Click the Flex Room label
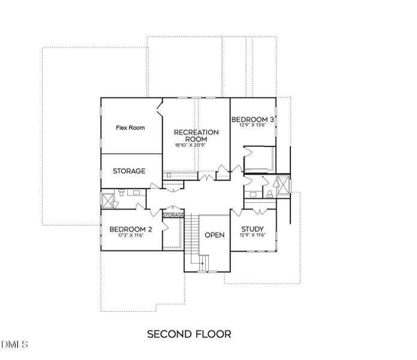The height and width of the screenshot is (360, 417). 130,128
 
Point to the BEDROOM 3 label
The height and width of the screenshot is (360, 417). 253,119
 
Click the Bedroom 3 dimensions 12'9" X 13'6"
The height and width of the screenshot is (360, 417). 253,126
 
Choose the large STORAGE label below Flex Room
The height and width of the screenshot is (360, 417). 129,171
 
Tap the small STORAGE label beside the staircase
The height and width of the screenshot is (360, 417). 173,215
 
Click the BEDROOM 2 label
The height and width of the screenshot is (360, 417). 130,229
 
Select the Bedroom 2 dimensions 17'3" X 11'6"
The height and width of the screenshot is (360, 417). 130,236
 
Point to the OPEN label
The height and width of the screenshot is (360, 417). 214,235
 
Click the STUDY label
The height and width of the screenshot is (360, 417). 253,229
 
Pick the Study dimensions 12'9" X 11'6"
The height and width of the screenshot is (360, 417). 253,236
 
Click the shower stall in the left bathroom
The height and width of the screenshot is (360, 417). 108,199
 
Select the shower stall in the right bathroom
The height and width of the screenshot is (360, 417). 281,184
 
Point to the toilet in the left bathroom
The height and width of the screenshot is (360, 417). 122,193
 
